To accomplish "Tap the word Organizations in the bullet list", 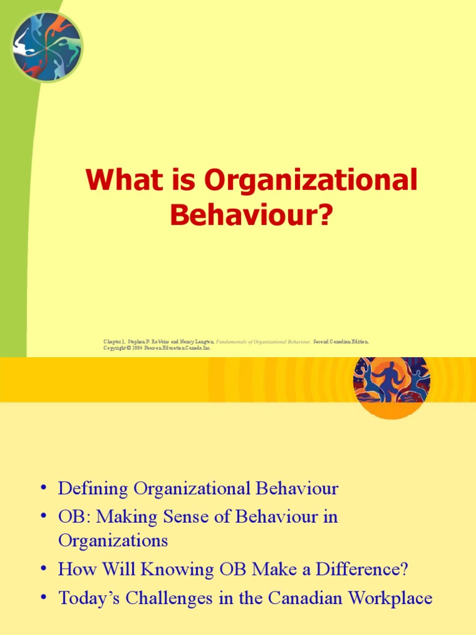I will point(113,540).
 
